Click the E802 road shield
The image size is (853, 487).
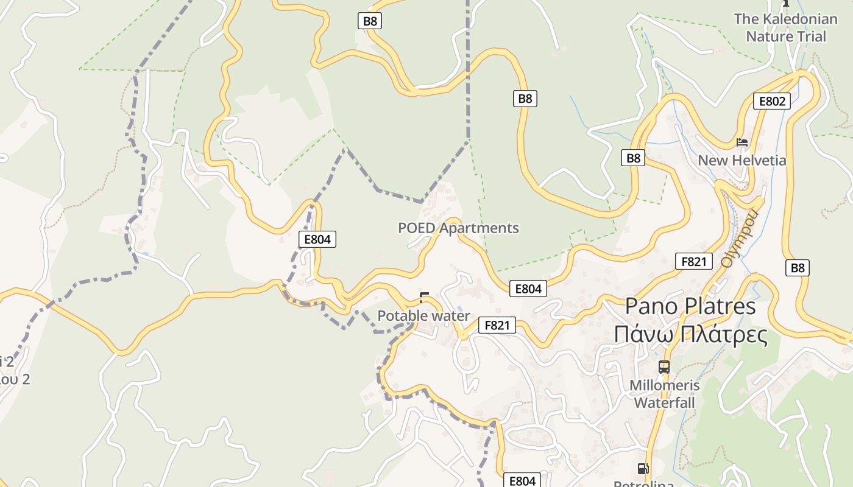pyautogui.click(x=771, y=101)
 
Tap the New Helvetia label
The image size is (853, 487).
pyautogui.click(x=742, y=161)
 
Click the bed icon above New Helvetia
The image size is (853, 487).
pyautogui.click(x=742, y=142)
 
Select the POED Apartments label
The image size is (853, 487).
pyautogui.click(x=458, y=228)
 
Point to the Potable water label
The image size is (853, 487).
pyautogui.click(x=423, y=316)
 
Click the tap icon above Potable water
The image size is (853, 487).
pyautogui.click(x=425, y=298)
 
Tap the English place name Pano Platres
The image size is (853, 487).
pyautogui.click(x=690, y=306)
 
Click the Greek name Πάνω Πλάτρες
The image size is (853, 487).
pyautogui.click(x=690, y=334)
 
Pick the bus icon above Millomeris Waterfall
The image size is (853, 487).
pyautogui.click(x=664, y=367)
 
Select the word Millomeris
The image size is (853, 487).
pyautogui.click(x=664, y=385)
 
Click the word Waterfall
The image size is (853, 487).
pyautogui.click(x=664, y=402)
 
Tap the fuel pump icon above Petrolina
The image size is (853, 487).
pyautogui.click(x=643, y=469)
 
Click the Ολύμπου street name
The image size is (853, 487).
pyautogui.click(x=738, y=239)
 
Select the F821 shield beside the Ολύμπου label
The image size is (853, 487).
pyautogui.click(x=693, y=262)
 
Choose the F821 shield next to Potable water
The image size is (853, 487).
pyautogui.click(x=497, y=325)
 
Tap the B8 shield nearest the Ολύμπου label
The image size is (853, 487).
pyautogui.click(x=797, y=267)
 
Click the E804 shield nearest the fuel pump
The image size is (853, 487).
pyautogui.click(x=522, y=481)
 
